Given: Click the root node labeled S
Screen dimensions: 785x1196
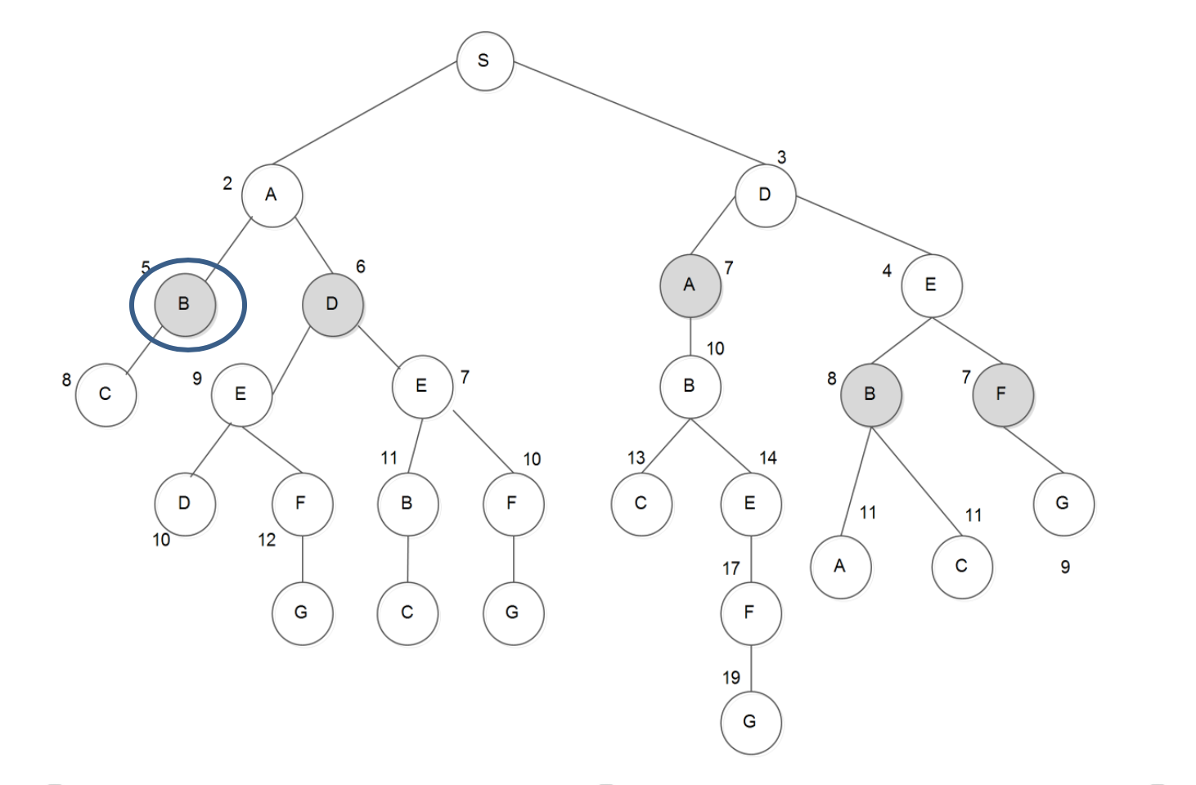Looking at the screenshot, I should tap(484, 61).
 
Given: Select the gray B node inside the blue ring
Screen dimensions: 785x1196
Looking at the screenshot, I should tap(185, 304).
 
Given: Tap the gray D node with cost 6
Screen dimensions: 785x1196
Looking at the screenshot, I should tap(332, 304).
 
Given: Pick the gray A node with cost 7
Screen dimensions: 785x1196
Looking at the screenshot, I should tap(690, 285).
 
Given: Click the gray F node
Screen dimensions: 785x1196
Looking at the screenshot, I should tap(1002, 394).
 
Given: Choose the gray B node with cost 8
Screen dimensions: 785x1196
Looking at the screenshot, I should tap(870, 394).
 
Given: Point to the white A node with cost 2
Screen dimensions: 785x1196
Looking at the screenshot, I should tap(272, 195).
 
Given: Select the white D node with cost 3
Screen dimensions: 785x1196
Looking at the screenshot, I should tap(765, 195).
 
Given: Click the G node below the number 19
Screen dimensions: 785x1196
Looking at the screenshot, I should tap(750, 722).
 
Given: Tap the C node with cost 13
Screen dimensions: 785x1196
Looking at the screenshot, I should tap(641, 504).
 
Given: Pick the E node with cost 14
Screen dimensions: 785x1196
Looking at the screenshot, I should tap(750, 504).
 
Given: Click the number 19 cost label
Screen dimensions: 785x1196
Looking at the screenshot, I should tap(731, 678).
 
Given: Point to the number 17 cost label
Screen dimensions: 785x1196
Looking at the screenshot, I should tap(731, 568).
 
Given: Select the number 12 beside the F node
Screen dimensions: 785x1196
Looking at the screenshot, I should tap(267, 541).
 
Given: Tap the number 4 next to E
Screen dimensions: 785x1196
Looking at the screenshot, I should tap(887, 271).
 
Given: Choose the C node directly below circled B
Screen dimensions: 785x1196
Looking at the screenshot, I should tap(106, 394).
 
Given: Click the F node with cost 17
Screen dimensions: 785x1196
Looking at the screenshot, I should tap(750, 612).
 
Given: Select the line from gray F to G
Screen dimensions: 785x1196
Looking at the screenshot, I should tap(1033, 450).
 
